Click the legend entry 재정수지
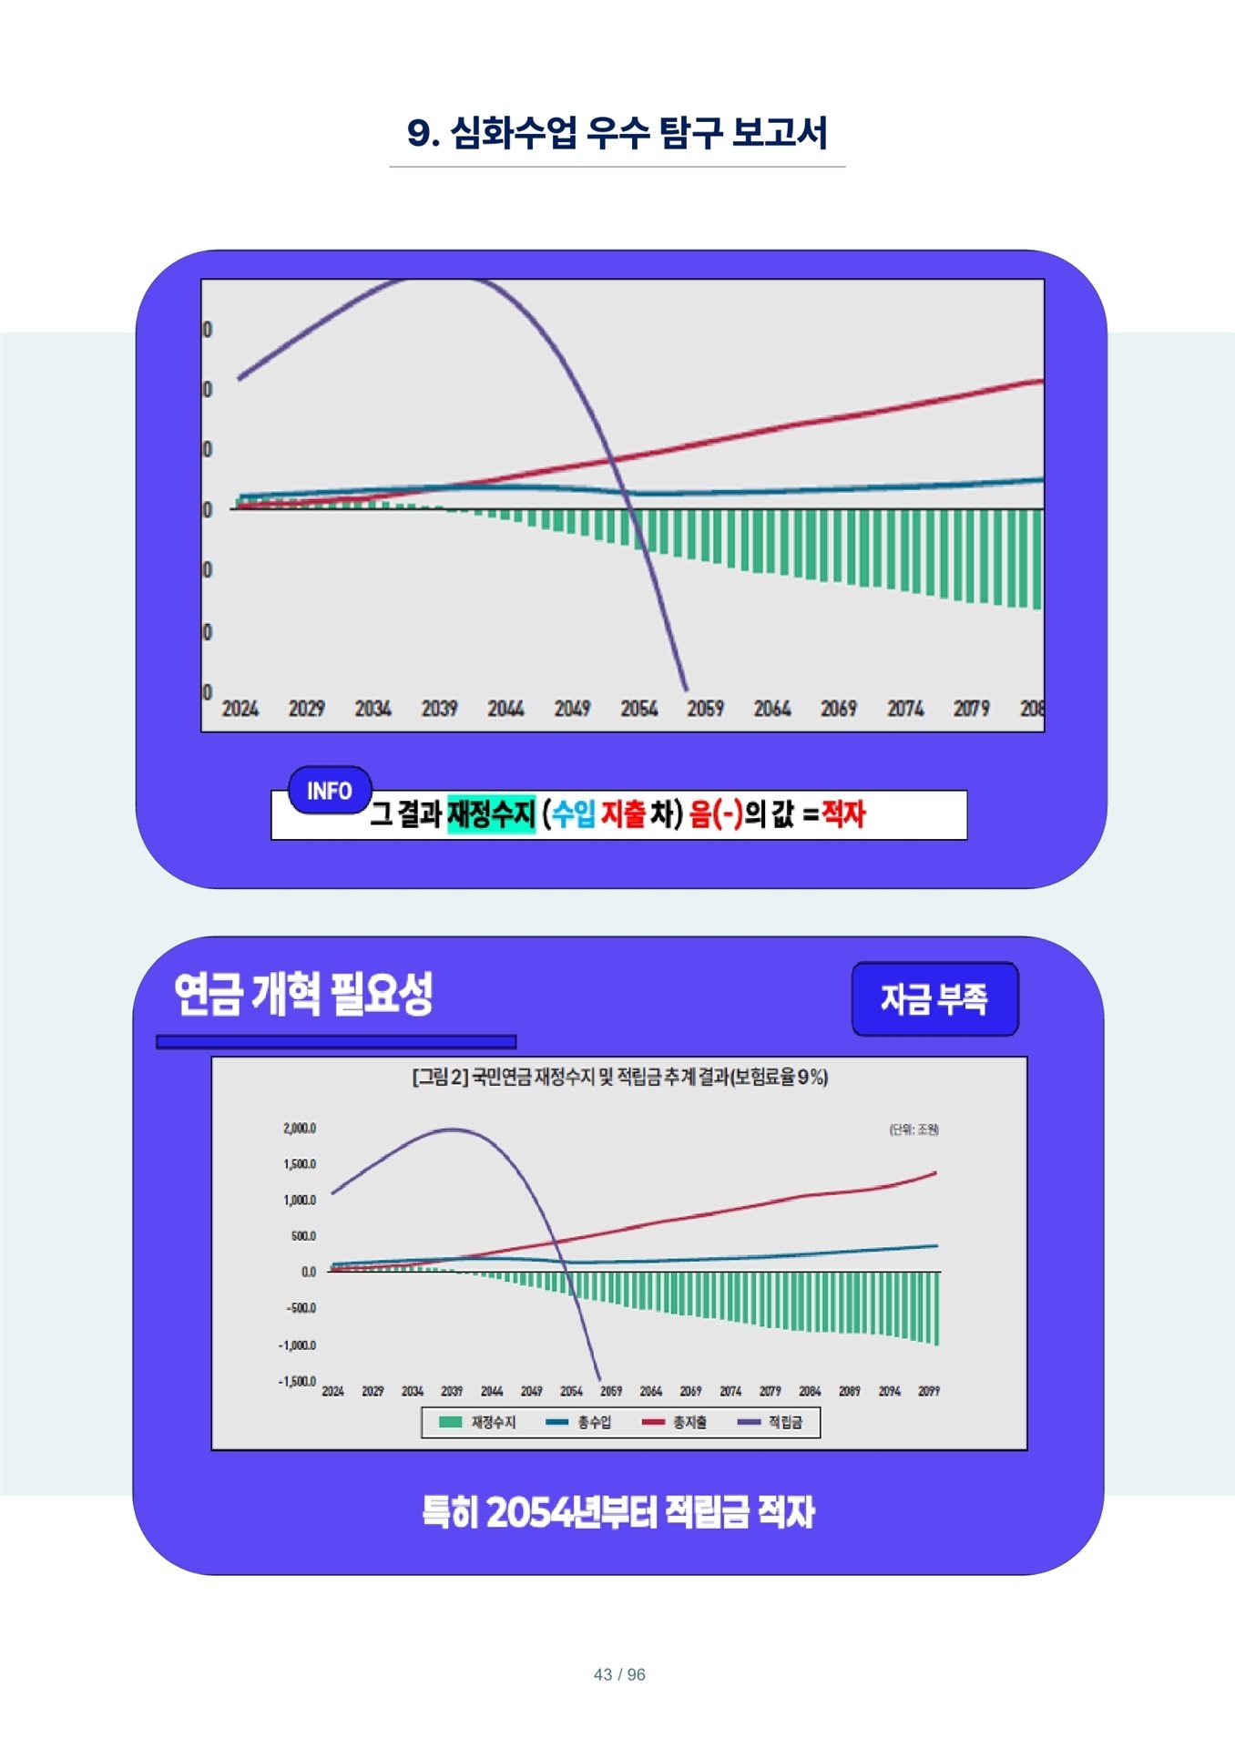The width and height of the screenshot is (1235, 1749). [478, 1422]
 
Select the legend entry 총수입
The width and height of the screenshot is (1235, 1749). [579, 1422]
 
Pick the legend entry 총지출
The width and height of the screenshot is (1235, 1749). [675, 1422]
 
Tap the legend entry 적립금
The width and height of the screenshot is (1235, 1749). [771, 1422]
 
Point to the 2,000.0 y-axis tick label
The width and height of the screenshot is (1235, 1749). [300, 1129]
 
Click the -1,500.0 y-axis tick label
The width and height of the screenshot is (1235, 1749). [297, 1381]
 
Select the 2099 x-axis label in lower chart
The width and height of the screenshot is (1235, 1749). [929, 1391]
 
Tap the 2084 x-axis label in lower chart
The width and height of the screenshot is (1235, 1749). [810, 1391]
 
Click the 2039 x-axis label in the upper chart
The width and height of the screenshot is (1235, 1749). [439, 708]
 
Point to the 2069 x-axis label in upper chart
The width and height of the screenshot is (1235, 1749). [838, 708]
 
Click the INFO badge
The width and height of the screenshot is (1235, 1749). [330, 791]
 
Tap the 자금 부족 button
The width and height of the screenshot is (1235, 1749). [934, 999]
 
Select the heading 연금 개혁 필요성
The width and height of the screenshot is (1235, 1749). [303, 993]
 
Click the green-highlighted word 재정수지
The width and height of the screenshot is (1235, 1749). [491, 813]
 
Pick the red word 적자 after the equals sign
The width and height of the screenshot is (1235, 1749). [843, 813]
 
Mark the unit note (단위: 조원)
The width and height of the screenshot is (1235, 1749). [913, 1130]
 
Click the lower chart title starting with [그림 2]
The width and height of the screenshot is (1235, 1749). [619, 1078]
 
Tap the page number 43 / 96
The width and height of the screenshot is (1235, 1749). [619, 1674]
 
